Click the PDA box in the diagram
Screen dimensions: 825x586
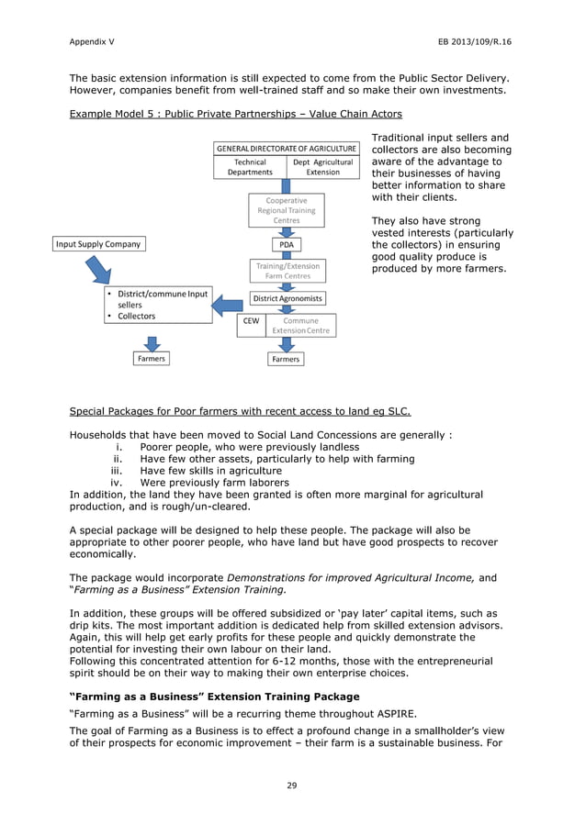coord(286,245)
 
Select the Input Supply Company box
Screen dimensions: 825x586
coord(98,244)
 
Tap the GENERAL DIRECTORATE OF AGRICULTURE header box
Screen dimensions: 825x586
coord(286,148)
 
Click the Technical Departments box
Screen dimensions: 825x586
coord(249,167)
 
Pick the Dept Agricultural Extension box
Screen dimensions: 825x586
coord(322,167)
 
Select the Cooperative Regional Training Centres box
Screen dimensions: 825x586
coord(286,210)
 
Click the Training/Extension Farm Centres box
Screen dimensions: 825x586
coord(287,271)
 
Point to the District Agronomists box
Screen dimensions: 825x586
coord(287,299)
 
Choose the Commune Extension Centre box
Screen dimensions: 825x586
coord(306,326)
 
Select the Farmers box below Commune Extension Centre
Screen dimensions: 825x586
coord(286,360)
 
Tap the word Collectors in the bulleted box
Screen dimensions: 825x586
coord(137,317)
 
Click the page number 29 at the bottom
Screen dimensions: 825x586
coord(292,785)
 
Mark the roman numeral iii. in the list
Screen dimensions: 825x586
coord(117,471)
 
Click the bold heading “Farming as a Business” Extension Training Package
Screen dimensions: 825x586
coord(215,697)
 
